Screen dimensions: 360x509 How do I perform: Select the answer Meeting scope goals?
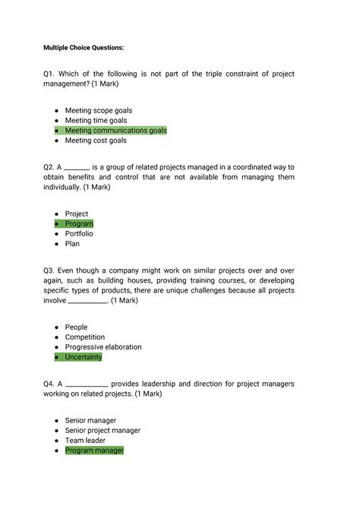click(98, 110)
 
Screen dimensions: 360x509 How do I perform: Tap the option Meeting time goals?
click(96, 120)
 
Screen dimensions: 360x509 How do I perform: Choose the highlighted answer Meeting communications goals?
click(115, 131)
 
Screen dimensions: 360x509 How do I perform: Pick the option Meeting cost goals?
click(96, 141)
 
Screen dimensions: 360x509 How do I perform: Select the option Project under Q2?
click(77, 214)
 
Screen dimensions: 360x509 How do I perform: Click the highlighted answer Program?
click(79, 224)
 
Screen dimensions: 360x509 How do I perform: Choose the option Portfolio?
click(79, 234)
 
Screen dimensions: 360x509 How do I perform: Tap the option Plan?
click(72, 244)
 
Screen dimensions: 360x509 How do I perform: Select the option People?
click(76, 327)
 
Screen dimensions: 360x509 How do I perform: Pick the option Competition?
click(85, 337)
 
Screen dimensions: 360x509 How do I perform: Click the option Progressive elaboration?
click(103, 347)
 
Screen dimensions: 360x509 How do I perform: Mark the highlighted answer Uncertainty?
click(84, 357)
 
